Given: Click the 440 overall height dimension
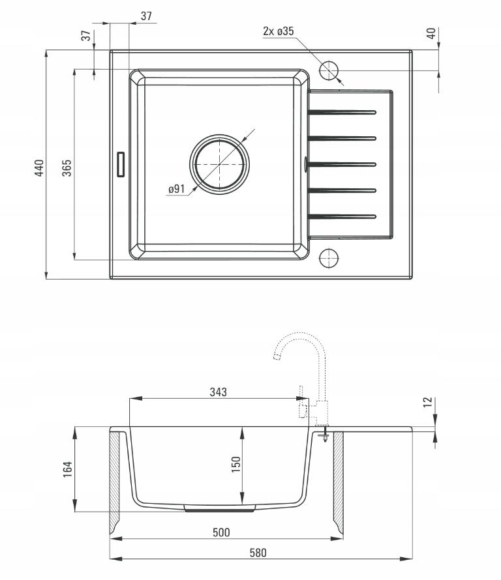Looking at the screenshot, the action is (x=39, y=168).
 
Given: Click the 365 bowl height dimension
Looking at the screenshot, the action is (x=67, y=168).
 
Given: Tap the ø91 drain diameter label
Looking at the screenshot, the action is (x=177, y=189).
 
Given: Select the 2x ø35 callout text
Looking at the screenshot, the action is (x=279, y=31).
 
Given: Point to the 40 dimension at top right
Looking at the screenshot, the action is (x=431, y=33).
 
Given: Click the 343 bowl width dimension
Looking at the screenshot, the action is (x=218, y=392).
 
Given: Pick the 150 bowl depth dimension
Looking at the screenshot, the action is (x=236, y=464).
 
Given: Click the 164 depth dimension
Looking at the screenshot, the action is (x=67, y=469).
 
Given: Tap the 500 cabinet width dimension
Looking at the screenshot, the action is (x=221, y=532).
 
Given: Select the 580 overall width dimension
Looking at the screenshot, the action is (x=258, y=553).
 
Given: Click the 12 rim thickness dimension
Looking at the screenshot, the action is (x=428, y=402).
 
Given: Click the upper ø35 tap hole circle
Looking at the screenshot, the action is (x=329, y=70).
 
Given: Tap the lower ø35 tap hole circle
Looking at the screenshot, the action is (x=329, y=258).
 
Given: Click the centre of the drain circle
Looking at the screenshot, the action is (x=220, y=164).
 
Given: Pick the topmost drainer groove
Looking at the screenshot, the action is (x=342, y=112).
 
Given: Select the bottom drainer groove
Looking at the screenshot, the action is (x=342, y=216).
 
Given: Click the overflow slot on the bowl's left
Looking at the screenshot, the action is (x=121, y=164).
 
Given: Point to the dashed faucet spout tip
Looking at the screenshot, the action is (x=276, y=356).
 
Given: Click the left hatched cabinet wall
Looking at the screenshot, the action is (x=115, y=481).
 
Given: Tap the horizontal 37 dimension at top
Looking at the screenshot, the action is (x=146, y=16).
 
